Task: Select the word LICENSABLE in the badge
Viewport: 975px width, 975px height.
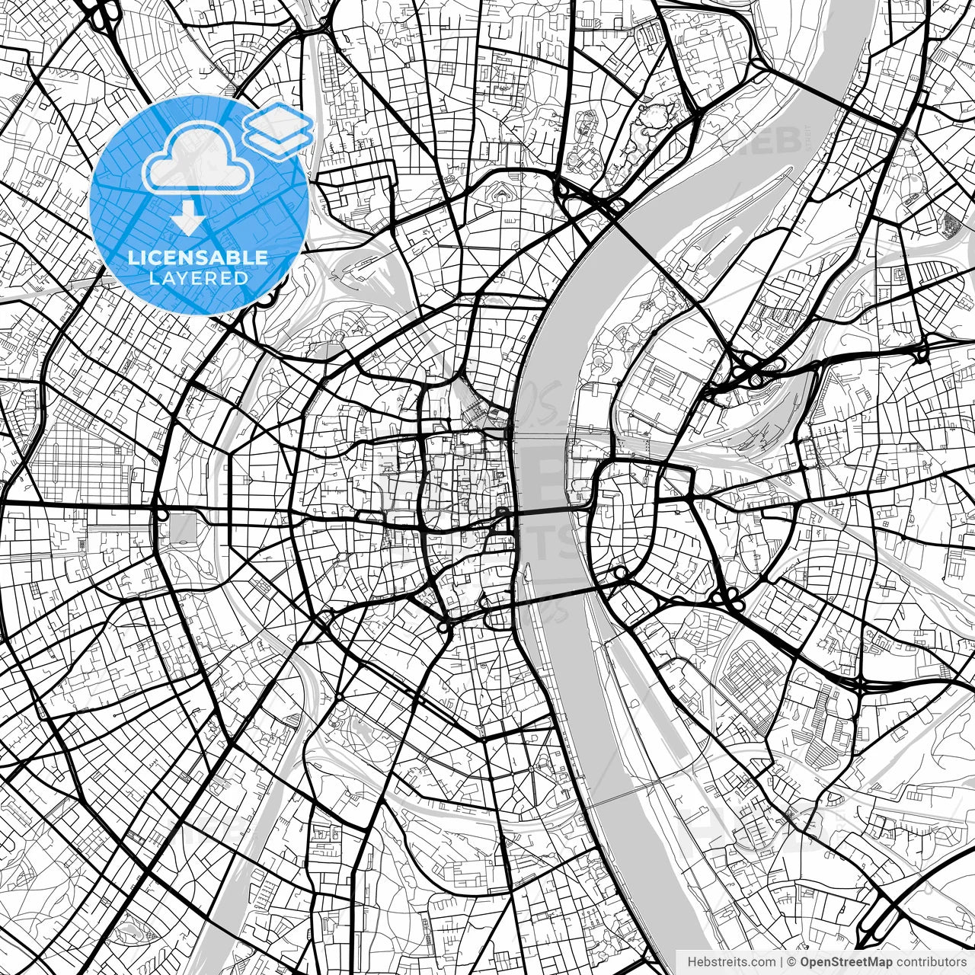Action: [x=198, y=258]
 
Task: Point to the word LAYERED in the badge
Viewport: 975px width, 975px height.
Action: [x=198, y=278]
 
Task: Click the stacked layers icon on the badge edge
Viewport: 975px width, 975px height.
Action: [x=278, y=131]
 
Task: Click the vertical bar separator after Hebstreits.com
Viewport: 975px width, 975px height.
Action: [x=782, y=962]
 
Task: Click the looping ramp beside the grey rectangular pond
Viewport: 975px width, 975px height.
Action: [x=161, y=515]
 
